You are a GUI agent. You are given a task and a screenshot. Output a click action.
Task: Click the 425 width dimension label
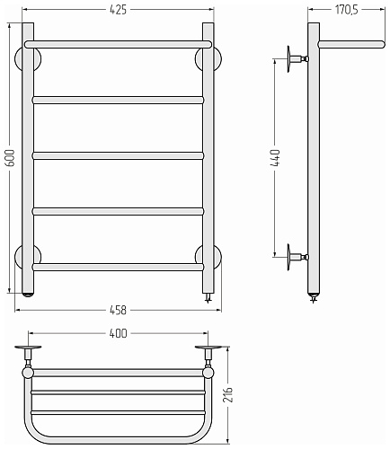pos(119,10)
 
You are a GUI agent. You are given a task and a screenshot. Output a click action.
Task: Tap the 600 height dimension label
pos(10,158)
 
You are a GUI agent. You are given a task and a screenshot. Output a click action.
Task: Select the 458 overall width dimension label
pos(119,310)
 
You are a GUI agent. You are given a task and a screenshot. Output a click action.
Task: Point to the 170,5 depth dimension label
pos(347,10)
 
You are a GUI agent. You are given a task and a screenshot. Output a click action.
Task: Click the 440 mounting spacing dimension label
pos(275,158)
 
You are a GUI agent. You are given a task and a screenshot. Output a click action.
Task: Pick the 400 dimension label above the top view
pos(119,333)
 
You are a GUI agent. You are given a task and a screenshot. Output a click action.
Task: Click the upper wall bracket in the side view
pos(297,59)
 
